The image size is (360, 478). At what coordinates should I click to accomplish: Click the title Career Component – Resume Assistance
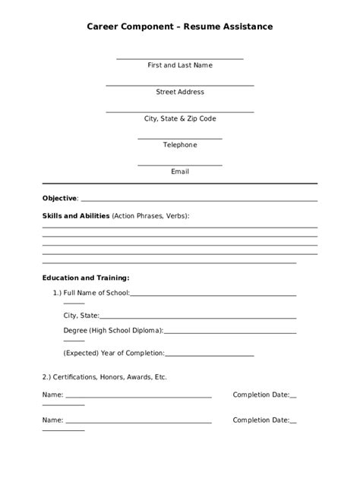tap(180, 27)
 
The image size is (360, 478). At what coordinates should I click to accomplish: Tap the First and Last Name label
tap(180, 65)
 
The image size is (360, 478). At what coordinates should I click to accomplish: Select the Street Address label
tap(180, 92)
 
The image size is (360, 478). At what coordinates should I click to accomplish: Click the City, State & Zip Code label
tap(180, 118)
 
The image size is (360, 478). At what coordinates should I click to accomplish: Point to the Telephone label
tap(180, 145)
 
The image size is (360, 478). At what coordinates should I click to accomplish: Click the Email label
tap(180, 171)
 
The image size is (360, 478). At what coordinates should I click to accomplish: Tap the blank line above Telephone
tap(180, 139)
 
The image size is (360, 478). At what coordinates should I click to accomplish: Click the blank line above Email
tap(180, 165)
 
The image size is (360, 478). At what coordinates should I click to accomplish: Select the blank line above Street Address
tap(180, 86)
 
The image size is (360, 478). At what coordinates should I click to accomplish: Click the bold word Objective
tap(59, 198)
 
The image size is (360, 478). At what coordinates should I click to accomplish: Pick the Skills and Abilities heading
tap(76, 215)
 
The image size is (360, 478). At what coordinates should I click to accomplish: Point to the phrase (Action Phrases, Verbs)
tap(150, 215)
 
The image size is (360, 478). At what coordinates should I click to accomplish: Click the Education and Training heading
tap(86, 277)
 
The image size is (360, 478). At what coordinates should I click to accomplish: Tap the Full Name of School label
tap(96, 293)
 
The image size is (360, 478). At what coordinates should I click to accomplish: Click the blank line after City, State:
tap(197, 317)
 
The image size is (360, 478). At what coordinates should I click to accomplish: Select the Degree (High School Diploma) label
tap(113, 330)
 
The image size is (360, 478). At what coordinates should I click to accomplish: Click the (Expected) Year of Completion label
tap(114, 353)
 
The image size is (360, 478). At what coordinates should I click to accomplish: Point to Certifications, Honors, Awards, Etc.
tap(104, 376)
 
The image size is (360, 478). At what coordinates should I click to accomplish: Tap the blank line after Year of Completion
tap(209, 355)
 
